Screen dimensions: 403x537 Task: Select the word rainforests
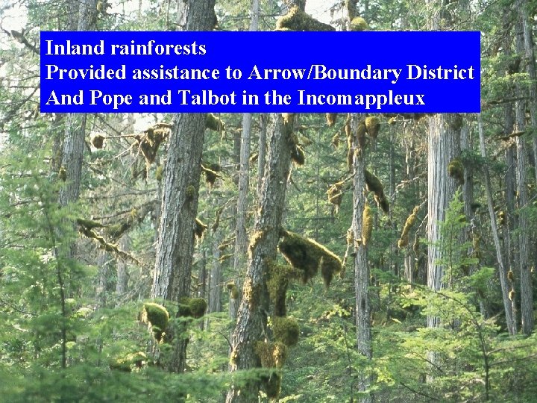(x=158, y=49)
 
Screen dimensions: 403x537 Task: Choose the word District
(x=440, y=73)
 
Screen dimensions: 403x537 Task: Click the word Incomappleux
(x=361, y=98)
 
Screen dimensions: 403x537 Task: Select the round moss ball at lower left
(x=156, y=316)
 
